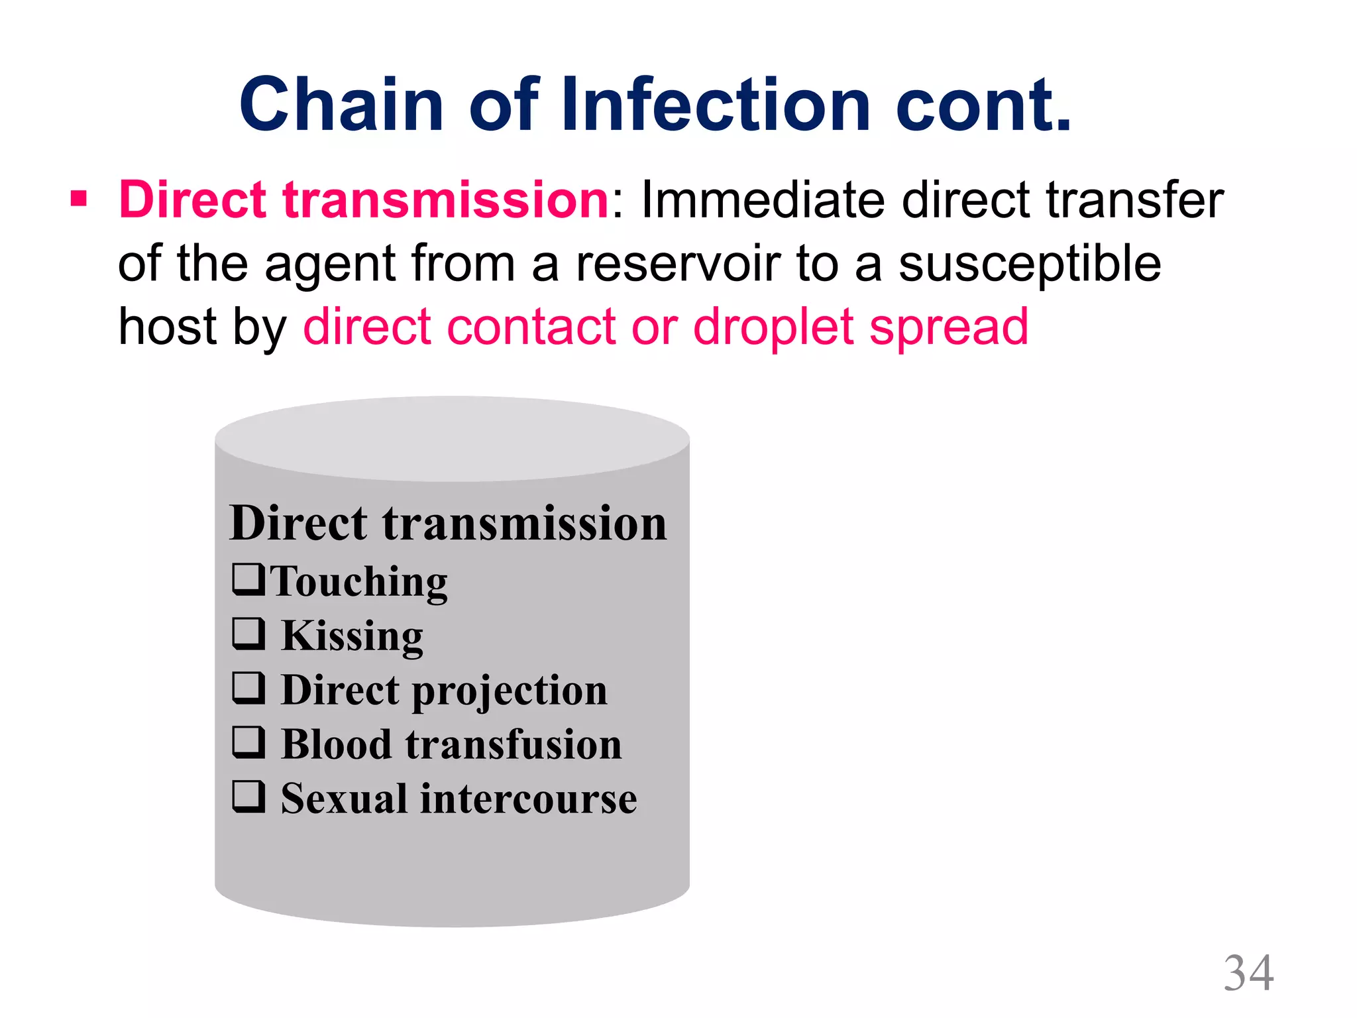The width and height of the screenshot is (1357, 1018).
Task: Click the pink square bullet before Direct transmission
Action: tap(79, 198)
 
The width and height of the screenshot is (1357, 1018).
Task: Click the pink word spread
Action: tap(948, 327)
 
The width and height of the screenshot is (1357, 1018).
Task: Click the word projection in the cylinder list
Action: tap(510, 691)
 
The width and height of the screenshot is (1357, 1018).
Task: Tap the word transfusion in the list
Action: tap(514, 744)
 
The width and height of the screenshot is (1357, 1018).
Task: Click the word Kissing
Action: tap(352, 636)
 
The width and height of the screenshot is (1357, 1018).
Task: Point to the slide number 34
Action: tap(1248, 973)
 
